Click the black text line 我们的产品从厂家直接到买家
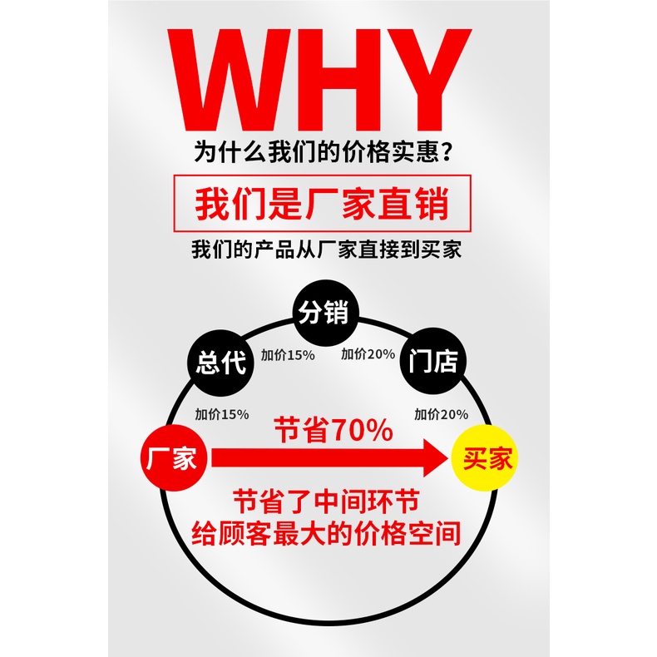[326, 249]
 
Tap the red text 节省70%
[333, 430]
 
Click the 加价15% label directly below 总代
[222, 413]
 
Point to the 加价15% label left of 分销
[288, 354]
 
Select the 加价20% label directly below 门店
[441, 413]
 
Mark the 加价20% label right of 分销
[368, 354]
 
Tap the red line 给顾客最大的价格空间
[326, 533]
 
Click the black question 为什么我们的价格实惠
[316, 153]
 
